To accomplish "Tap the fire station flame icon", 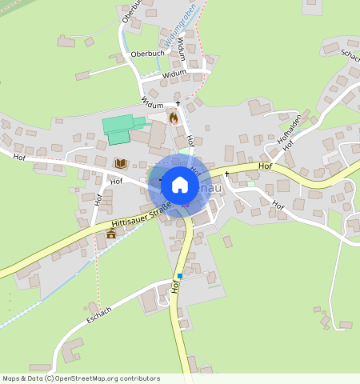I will click(x=174, y=118).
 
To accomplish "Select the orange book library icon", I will click(x=121, y=163).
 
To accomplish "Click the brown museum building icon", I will click(x=111, y=233).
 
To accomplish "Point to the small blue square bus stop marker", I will click(x=180, y=276).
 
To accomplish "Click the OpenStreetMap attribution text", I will click(x=81, y=378).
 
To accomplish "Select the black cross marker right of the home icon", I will click(x=226, y=173).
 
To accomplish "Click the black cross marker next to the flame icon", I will click(x=178, y=105).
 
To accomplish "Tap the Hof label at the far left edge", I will click(x=19, y=156).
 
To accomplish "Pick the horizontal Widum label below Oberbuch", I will click(x=174, y=74).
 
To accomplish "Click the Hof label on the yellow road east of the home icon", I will click(x=266, y=166).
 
